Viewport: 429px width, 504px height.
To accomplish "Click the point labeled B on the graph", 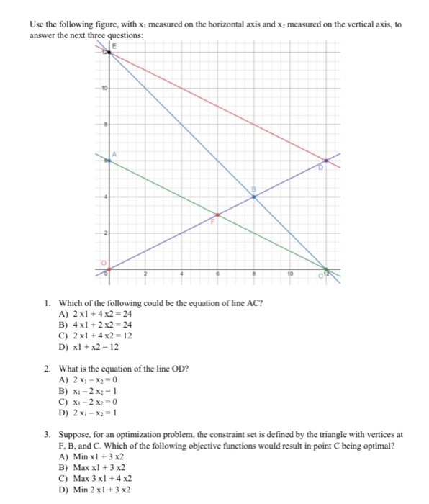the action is [253, 196].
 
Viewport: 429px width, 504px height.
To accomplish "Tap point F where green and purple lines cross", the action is [217, 215].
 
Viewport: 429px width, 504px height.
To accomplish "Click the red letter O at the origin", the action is [103, 262].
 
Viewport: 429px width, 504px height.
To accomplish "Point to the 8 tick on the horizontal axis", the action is [253, 275].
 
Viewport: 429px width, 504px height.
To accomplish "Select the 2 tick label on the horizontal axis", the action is [144, 275].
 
